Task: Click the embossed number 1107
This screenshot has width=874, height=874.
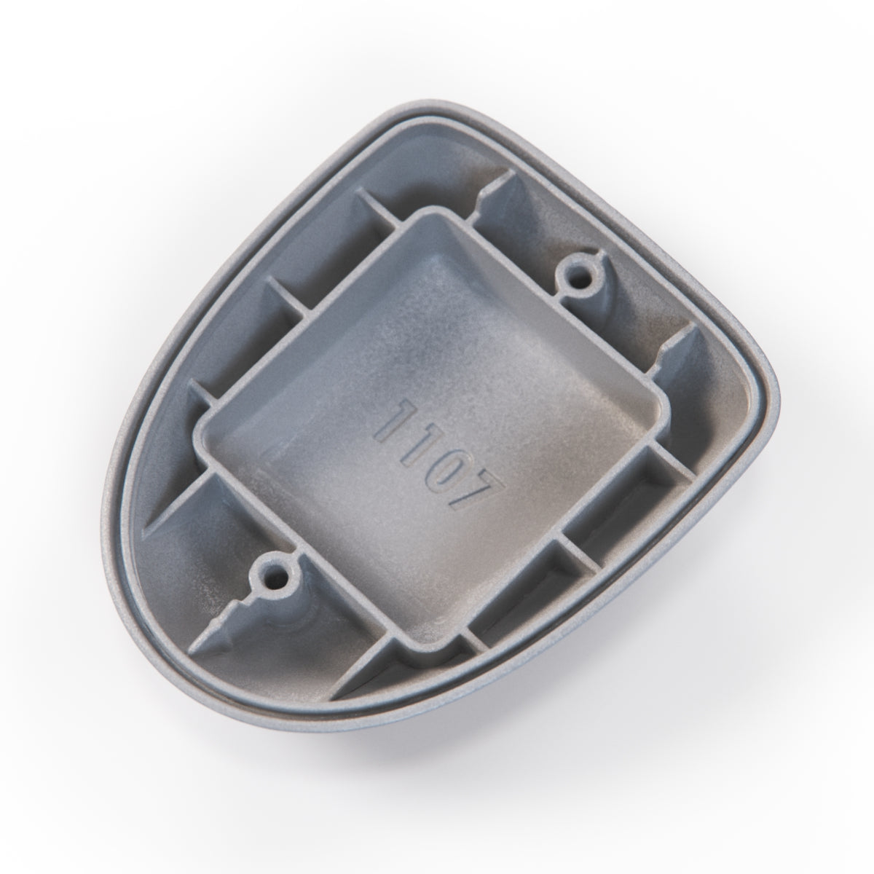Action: pos(439,459)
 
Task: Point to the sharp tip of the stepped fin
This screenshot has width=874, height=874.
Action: pos(189,652)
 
